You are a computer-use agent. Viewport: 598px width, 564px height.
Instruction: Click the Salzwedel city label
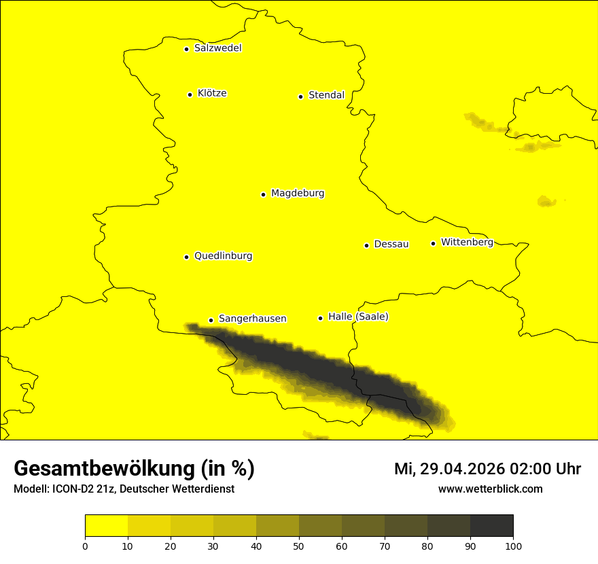pos(217,48)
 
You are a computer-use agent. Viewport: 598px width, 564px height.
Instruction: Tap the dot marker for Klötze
pos(190,94)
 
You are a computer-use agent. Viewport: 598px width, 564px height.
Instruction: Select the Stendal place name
pos(326,95)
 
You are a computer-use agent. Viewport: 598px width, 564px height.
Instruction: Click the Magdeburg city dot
pos(263,194)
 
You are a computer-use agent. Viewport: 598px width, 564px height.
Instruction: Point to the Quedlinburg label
pos(223,256)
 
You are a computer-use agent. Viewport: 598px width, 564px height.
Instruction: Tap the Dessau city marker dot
pos(366,245)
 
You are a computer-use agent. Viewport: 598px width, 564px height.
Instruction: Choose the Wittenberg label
pos(467,242)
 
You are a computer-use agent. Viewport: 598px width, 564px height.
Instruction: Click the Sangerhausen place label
pos(252,319)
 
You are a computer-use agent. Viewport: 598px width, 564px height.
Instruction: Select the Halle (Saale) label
pos(358,317)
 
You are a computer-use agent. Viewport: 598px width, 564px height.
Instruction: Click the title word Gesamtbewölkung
pos(105,469)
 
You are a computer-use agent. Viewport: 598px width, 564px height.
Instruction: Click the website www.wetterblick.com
pos(490,489)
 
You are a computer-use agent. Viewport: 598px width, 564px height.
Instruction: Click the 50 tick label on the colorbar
pos(299,546)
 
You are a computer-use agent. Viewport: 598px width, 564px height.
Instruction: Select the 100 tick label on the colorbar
pos(513,546)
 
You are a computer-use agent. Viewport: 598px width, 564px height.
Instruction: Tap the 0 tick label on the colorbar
pos(85,546)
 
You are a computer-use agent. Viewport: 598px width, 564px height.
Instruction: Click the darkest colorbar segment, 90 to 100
pos(491,526)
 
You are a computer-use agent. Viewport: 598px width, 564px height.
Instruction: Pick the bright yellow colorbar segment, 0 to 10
pos(106,526)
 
